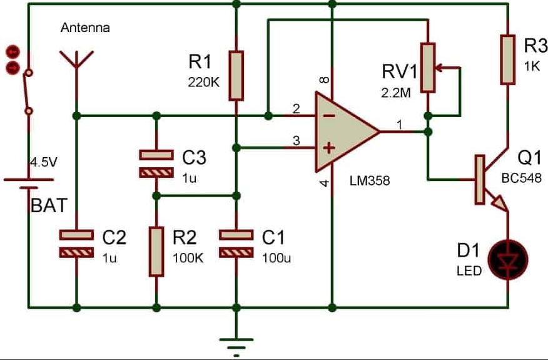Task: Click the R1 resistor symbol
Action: [236, 76]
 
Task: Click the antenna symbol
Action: [76, 63]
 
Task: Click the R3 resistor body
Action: [507, 59]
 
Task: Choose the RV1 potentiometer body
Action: [428, 67]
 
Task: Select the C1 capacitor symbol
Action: [236, 244]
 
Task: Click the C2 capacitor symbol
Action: [76, 244]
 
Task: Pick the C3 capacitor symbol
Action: [156, 163]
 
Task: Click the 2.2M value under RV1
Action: [396, 93]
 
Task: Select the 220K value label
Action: [204, 82]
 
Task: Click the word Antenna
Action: [85, 28]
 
